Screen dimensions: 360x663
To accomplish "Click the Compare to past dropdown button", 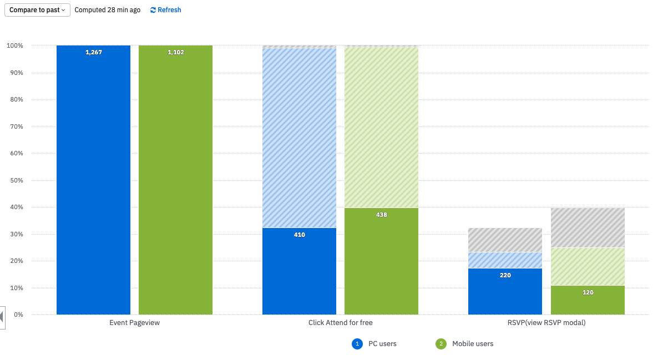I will point(37,10).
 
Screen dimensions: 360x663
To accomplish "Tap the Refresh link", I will point(165,10).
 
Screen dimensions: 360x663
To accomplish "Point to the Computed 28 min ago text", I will point(107,10).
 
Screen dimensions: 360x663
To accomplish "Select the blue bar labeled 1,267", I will point(93,183).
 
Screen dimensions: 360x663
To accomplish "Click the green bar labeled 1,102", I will point(175,183).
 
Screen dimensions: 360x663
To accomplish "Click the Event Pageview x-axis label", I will point(134,323).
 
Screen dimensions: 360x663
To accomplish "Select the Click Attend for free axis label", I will point(340,323).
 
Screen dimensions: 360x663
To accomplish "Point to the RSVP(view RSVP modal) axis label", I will point(546,323).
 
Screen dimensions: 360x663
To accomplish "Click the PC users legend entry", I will point(375,344).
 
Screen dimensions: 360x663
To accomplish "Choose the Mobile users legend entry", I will point(465,344).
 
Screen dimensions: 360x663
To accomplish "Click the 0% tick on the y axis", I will point(18,315).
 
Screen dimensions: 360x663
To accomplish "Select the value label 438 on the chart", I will point(381,215).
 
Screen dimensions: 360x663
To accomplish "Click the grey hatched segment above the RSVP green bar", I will point(588,227).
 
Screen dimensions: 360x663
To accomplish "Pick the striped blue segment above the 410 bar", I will point(299,139).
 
